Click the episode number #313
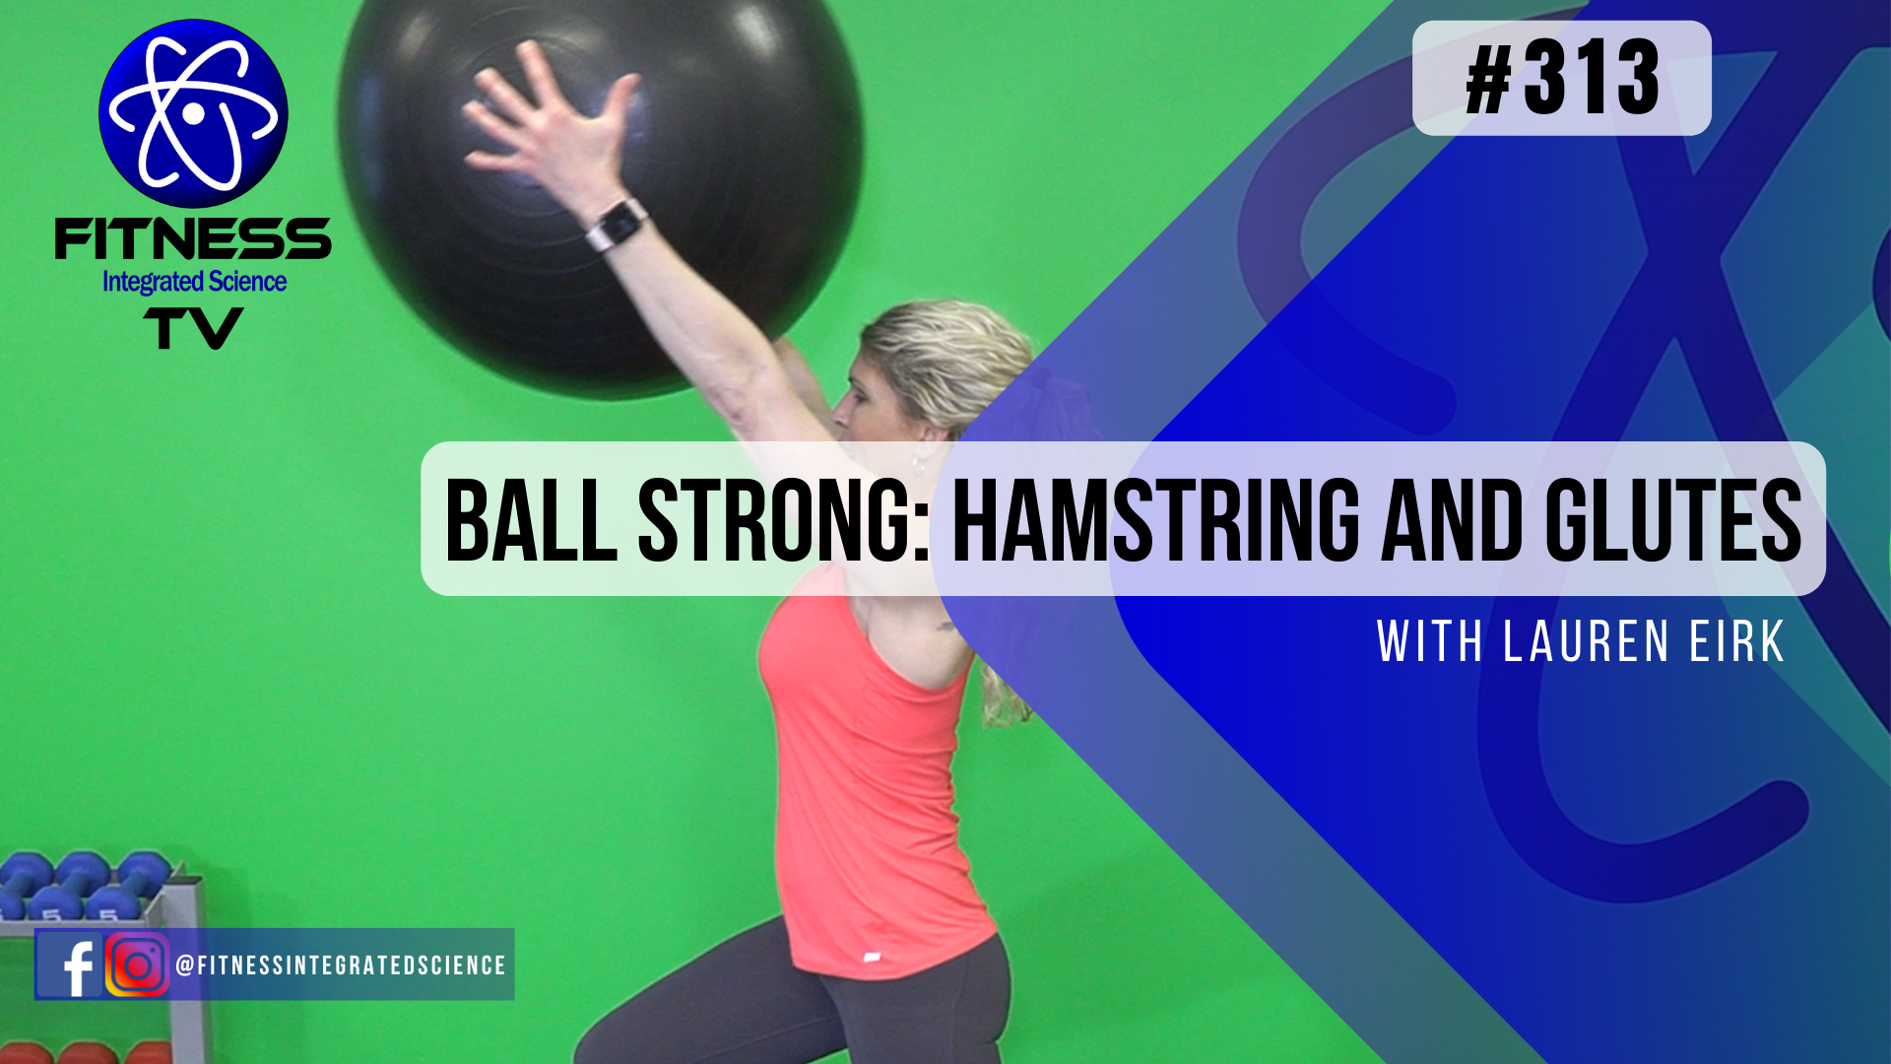pos(1562,79)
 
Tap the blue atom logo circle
pos(193,113)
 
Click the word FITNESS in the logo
pos(193,239)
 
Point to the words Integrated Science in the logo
pos(194,282)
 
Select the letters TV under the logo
pos(193,328)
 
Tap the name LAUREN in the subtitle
pos(1586,642)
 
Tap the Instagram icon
pos(137,965)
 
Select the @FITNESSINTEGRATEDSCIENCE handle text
pos(341,965)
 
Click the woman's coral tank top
pos(867,788)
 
